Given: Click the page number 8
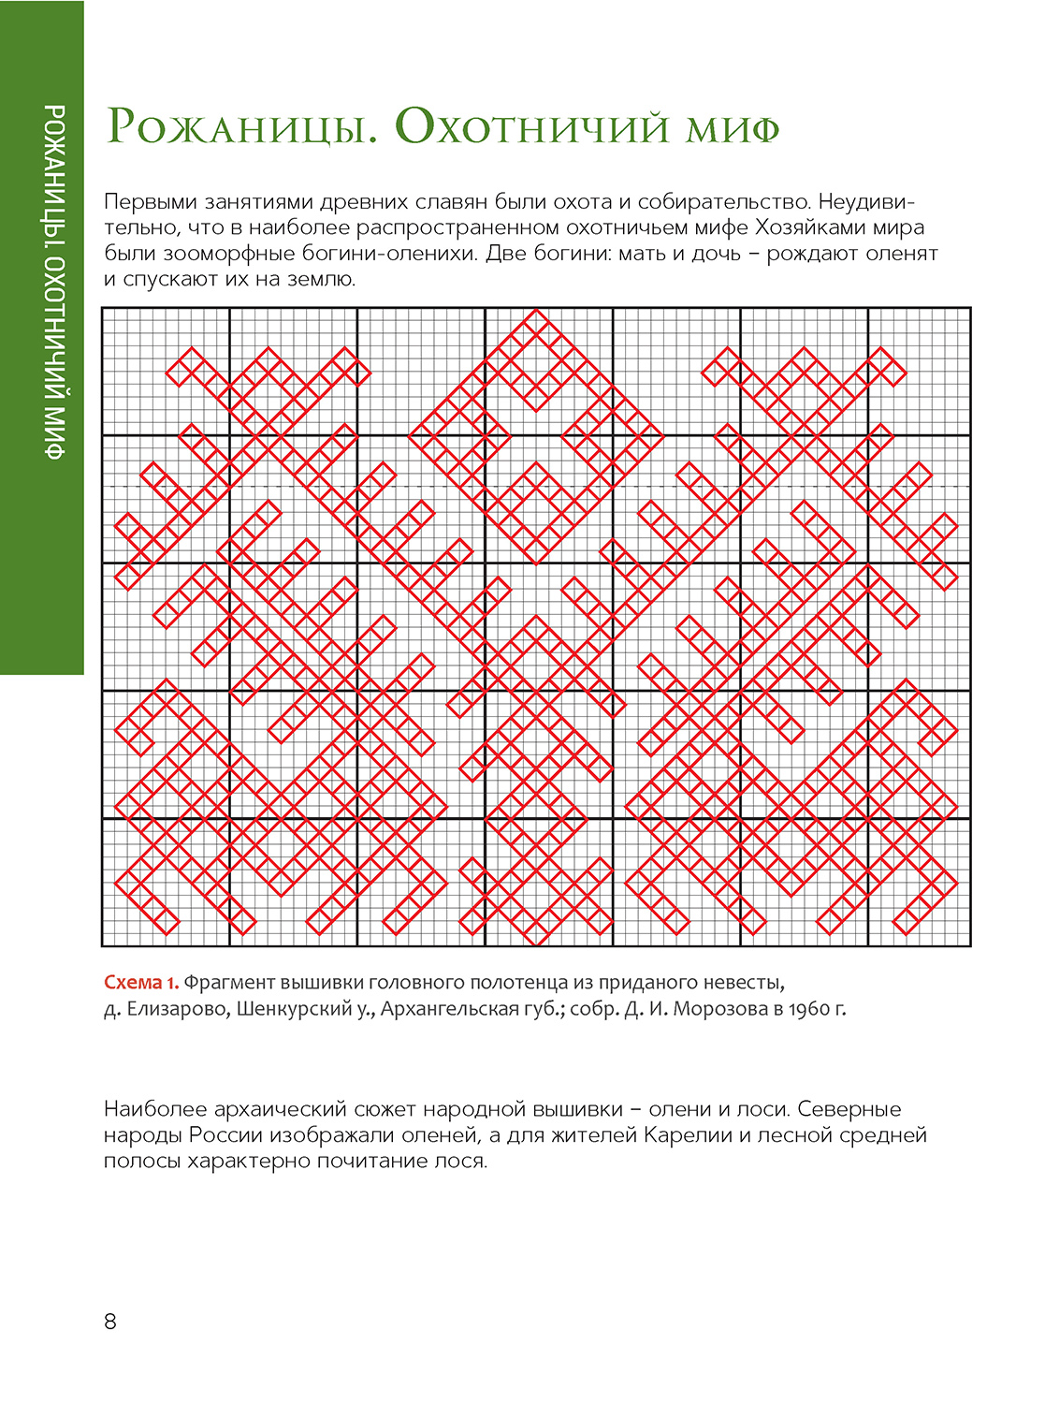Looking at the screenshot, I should click(110, 1322).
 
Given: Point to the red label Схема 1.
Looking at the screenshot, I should click(141, 983).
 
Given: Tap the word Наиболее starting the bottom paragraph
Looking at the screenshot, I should click(155, 1109).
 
